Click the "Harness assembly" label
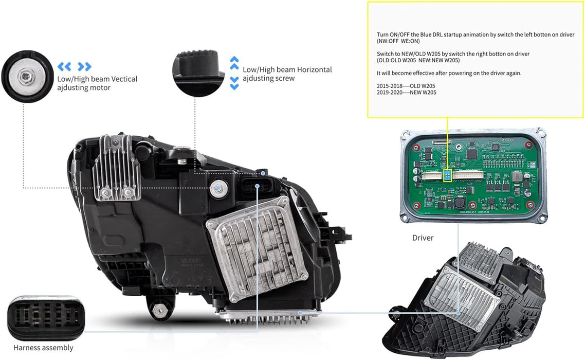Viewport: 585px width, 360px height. coord(43,348)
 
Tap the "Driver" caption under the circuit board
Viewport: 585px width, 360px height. coord(423,238)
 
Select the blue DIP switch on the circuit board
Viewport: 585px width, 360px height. coord(447,175)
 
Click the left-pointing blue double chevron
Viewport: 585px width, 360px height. coord(64,66)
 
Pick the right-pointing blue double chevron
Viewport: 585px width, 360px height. coord(84,66)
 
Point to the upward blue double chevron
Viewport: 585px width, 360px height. coord(234,63)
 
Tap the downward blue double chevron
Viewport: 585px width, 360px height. coord(234,83)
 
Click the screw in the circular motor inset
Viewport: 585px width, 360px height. coord(27,77)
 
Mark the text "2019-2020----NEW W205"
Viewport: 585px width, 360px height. coord(406,92)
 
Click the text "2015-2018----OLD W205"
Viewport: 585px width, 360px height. coord(406,86)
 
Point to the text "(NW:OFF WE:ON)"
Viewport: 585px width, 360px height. coord(398,41)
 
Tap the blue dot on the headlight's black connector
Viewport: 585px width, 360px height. coord(263,173)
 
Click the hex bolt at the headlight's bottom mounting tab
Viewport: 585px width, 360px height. coord(159,309)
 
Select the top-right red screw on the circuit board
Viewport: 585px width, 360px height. coord(528,145)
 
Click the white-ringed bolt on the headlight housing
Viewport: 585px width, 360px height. coord(218,188)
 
